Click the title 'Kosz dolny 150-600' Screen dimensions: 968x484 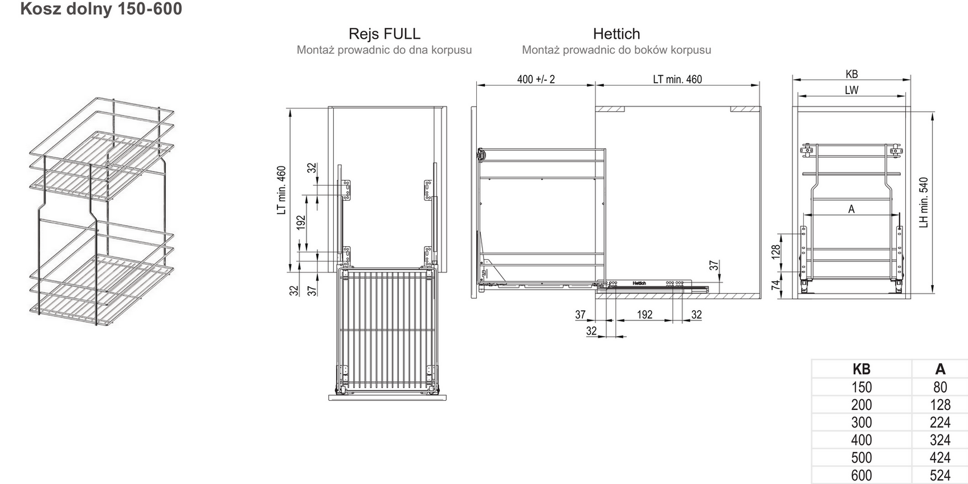101,9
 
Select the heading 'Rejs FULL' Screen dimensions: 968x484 384,34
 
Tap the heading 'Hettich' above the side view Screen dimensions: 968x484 616,34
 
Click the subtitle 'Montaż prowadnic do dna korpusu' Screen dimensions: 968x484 384,50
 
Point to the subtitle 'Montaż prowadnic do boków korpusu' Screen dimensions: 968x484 616,50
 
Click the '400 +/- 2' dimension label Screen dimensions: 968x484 536,79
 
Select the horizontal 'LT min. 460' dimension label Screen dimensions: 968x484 677,79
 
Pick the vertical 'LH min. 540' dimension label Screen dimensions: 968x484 924,202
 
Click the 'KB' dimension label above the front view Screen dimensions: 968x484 852,74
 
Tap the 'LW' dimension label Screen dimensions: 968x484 851,91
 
